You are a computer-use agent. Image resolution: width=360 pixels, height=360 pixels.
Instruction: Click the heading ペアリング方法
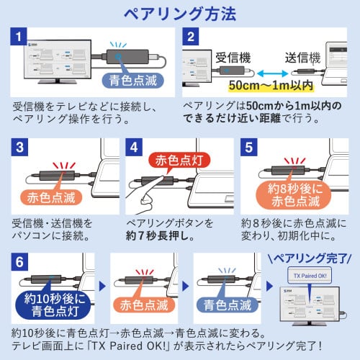pyautogui.click(x=179, y=13)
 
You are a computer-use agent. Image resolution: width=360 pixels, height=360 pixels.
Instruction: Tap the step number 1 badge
pyautogui.click(x=20, y=37)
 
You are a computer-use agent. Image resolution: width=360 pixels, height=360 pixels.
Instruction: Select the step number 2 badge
pyautogui.click(x=190, y=37)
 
